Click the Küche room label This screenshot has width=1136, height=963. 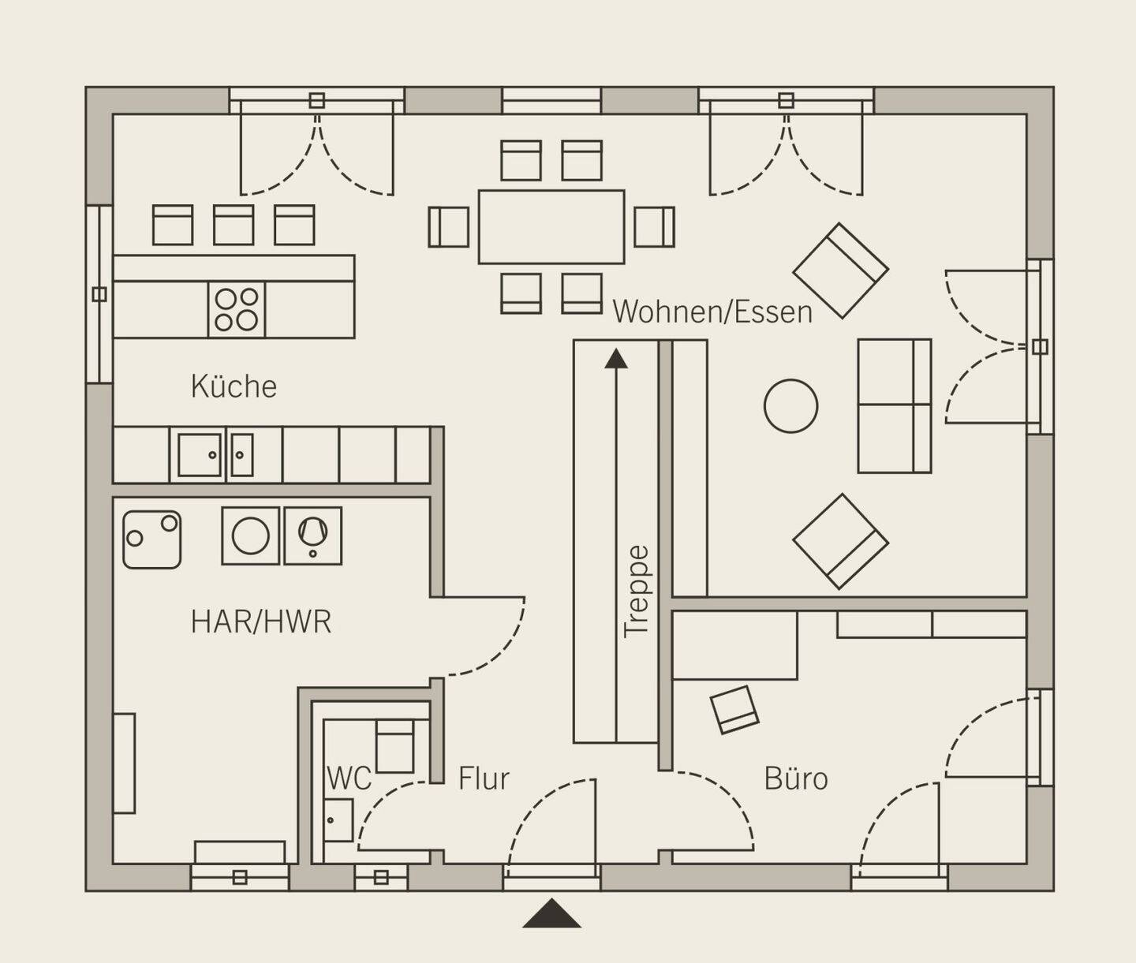click(x=234, y=386)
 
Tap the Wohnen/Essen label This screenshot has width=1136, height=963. click(x=713, y=312)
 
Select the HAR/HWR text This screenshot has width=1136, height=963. click(x=261, y=621)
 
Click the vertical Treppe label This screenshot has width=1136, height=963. click(x=637, y=592)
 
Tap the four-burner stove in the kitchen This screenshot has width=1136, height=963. click(x=237, y=310)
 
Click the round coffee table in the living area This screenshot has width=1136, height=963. click(x=790, y=406)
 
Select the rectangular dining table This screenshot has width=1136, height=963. click(x=551, y=227)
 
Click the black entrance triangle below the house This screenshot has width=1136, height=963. click(x=551, y=913)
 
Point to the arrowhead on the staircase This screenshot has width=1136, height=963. click(x=616, y=358)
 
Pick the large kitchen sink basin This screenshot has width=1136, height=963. click(x=199, y=454)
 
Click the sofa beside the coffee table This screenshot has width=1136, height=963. click(x=894, y=405)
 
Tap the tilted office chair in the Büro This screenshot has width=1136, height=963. click(x=734, y=709)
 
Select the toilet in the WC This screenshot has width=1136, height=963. click(x=394, y=745)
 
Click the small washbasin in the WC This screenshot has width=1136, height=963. click(x=338, y=819)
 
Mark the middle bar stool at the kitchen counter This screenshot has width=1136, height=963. click(x=234, y=225)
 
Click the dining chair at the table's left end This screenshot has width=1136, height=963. click(x=448, y=227)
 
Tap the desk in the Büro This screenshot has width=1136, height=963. click(x=734, y=645)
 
